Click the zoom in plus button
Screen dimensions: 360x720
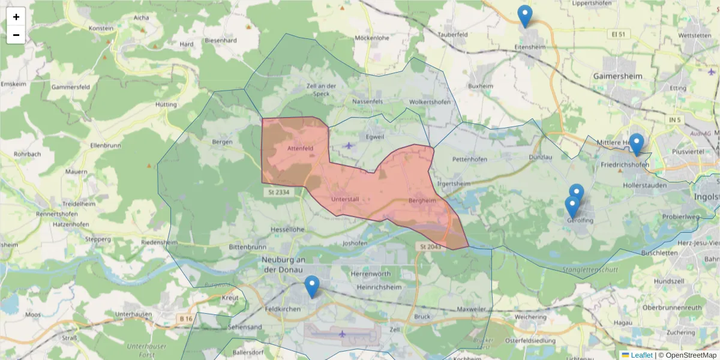pos(16,17)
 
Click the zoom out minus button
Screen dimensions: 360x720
pos(16,35)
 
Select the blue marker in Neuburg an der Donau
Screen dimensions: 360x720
pos(311,286)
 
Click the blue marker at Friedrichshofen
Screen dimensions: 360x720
pos(636,144)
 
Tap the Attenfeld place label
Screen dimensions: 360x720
pos(301,148)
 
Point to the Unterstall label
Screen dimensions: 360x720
pos(344,199)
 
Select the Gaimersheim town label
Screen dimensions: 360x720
pos(617,77)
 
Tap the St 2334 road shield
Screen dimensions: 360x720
pos(277,192)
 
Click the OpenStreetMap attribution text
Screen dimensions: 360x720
pos(688,355)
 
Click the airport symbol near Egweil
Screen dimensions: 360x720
pos(349,145)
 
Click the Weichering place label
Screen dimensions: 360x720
pos(530,316)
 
